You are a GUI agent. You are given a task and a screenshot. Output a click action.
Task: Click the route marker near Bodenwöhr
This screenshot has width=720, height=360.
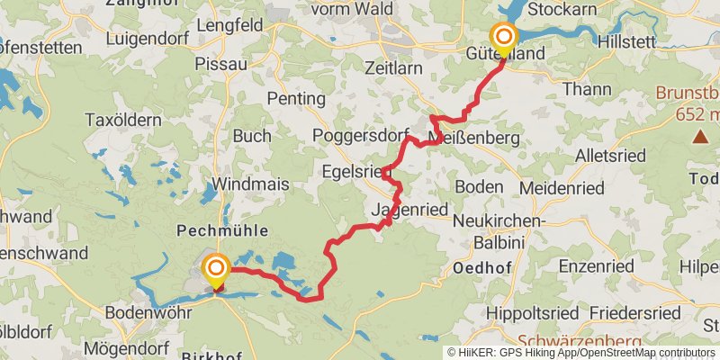[216, 268]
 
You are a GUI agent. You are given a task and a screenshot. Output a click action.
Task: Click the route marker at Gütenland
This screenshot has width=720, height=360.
[504, 37]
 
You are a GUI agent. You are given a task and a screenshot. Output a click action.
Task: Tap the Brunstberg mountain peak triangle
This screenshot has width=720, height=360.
[700, 137]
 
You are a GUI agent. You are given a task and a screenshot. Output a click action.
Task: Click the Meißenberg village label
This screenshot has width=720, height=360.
[475, 139]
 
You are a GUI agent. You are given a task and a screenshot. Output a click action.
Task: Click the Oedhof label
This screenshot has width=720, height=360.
[482, 268]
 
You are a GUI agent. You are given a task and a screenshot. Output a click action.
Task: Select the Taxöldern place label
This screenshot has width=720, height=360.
[122, 120]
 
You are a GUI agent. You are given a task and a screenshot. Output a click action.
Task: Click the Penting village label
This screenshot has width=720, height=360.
[297, 98]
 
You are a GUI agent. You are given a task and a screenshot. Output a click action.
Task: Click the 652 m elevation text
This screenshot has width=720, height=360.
[700, 114]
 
